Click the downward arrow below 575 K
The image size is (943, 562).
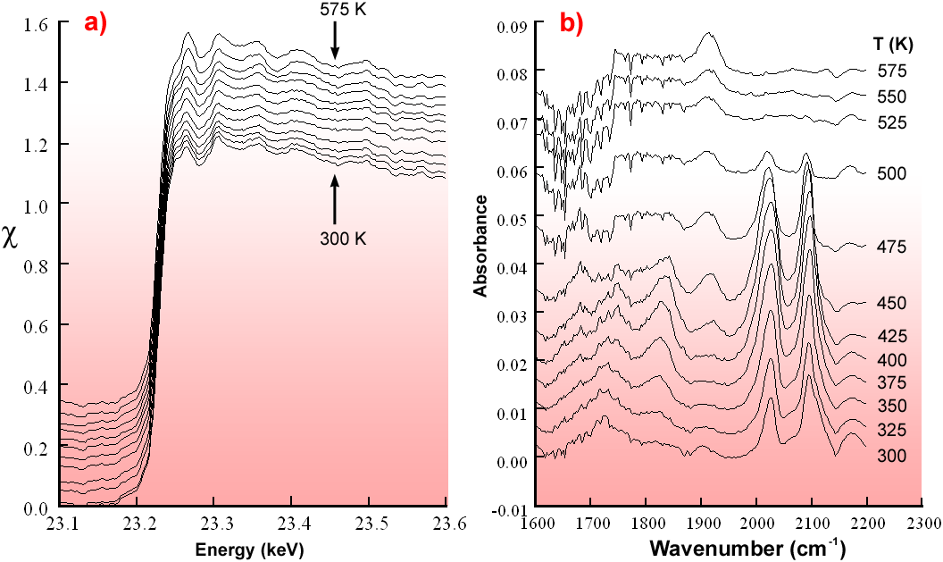pyautogui.click(x=335, y=40)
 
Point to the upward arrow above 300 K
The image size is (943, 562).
pyautogui.click(x=335, y=198)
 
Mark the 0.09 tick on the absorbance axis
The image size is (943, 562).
pyautogui.click(x=511, y=26)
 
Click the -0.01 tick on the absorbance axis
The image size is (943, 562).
pyautogui.click(x=509, y=509)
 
